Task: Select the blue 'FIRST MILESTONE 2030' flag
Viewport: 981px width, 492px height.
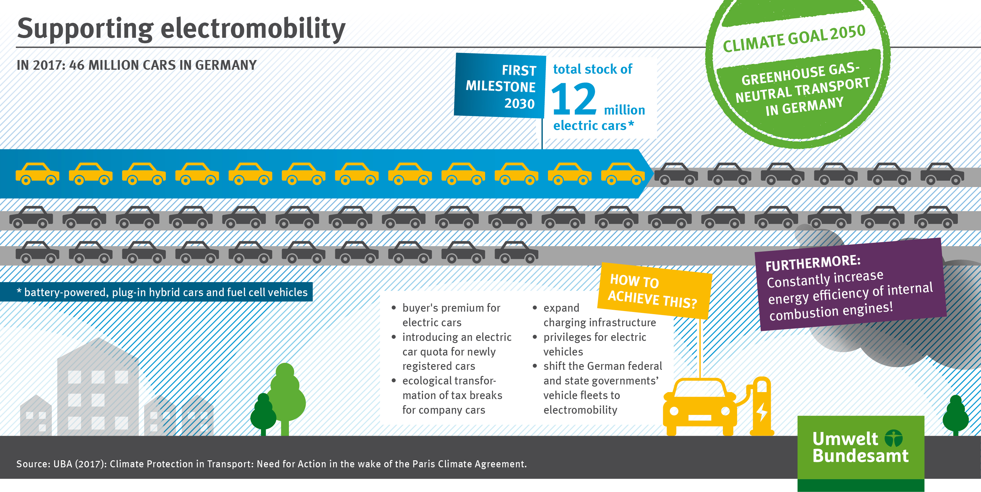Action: (x=500, y=86)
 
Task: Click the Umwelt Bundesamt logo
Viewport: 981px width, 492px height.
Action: (x=860, y=448)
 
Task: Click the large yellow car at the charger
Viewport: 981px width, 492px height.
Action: (x=700, y=406)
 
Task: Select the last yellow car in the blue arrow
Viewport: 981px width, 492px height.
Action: (x=623, y=174)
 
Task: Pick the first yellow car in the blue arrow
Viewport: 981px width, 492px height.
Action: (x=37, y=174)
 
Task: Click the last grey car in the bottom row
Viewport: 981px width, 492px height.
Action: (x=516, y=253)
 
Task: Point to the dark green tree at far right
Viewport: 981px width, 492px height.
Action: (x=955, y=415)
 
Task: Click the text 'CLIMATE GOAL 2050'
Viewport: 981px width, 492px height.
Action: (x=794, y=38)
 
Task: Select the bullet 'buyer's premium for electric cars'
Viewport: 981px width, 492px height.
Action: (x=451, y=315)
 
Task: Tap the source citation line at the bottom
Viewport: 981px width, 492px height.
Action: (x=271, y=464)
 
